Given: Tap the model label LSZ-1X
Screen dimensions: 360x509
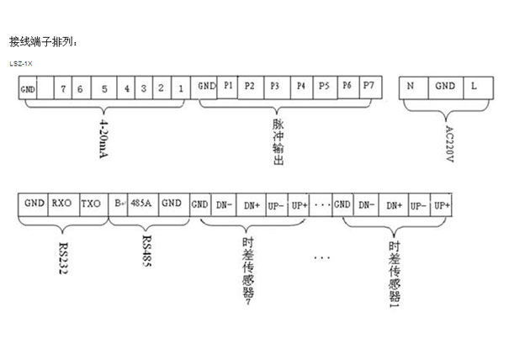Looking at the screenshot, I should pyautogui.click(x=21, y=63).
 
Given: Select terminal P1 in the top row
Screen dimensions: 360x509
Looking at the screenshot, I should pyautogui.click(x=228, y=86).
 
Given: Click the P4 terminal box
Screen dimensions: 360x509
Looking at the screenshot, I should pyautogui.click(x=300, y=86).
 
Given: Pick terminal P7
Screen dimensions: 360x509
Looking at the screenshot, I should pyautogui.click(x=368, y=86).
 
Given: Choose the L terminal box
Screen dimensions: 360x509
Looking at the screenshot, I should pyautogui.click(x=475, y=87).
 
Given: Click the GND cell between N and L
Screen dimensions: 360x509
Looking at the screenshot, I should pyautogui.click(x=444, y=87).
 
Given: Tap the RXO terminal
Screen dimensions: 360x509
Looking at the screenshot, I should pyautogui.click(x=61, y=204).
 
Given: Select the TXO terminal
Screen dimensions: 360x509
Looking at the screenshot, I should pyautogui.click(x=92, y=204).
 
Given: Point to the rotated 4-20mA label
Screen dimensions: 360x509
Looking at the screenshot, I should pyautogui.click(x=103, y=141).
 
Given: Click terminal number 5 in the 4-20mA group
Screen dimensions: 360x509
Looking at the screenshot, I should pyautogui.click(x=104, y=87).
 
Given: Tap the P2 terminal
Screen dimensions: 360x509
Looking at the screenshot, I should pyautogui.click(x=250, y=86).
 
